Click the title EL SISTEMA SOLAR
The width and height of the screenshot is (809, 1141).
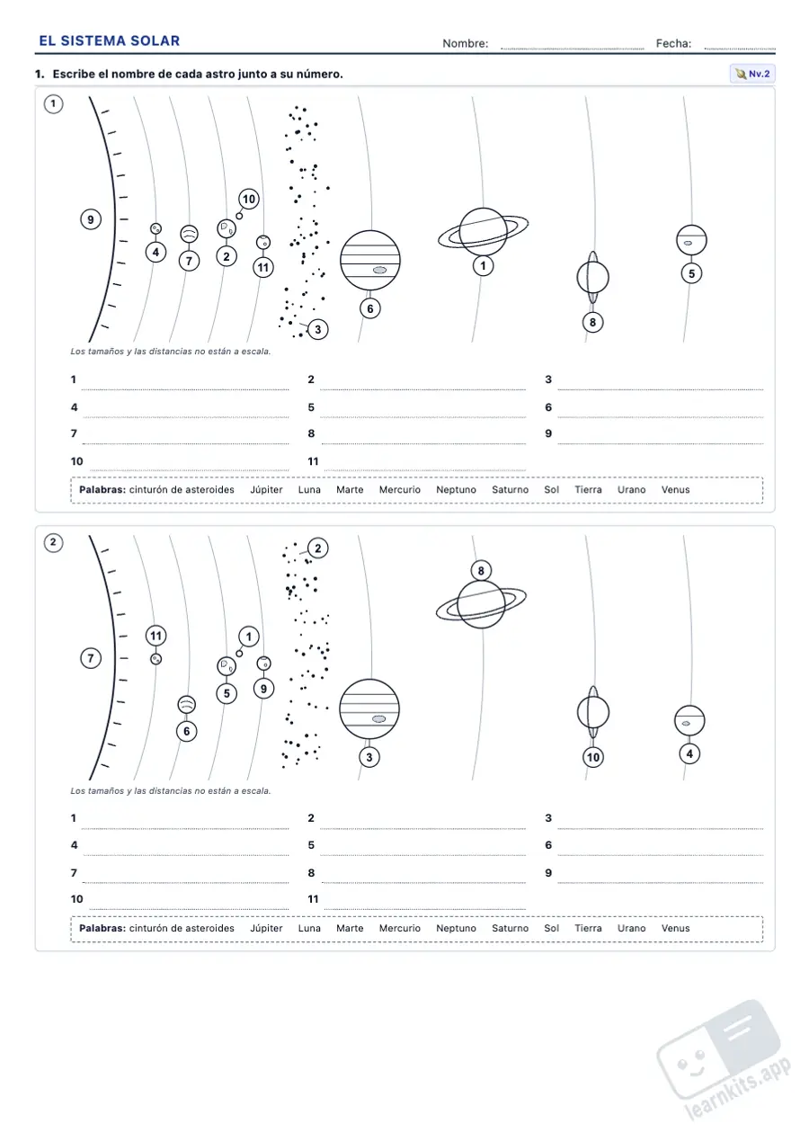110,40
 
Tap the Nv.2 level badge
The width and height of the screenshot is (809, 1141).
752,74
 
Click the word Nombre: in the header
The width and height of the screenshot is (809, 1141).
465,44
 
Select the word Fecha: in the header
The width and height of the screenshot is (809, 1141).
673,44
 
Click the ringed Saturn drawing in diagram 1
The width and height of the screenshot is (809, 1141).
484,231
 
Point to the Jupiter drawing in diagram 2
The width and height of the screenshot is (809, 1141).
369,709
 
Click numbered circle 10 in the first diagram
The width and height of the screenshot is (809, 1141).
248,200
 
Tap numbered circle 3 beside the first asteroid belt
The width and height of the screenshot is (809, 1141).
317,330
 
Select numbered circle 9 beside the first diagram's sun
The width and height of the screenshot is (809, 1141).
91,219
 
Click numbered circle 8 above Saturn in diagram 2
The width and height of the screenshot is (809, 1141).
481,570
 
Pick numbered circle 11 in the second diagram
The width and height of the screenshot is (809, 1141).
156,636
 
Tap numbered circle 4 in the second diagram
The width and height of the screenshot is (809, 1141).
689,753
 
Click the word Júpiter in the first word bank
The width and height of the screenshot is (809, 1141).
266,489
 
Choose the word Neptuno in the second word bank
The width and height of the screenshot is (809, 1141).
456,928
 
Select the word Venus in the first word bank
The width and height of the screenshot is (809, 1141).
675,489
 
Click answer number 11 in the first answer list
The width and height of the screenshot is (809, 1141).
313,461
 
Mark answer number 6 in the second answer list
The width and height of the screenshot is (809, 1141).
548,845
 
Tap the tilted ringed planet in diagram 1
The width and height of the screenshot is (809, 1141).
592,278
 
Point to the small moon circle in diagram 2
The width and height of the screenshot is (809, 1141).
239,654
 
